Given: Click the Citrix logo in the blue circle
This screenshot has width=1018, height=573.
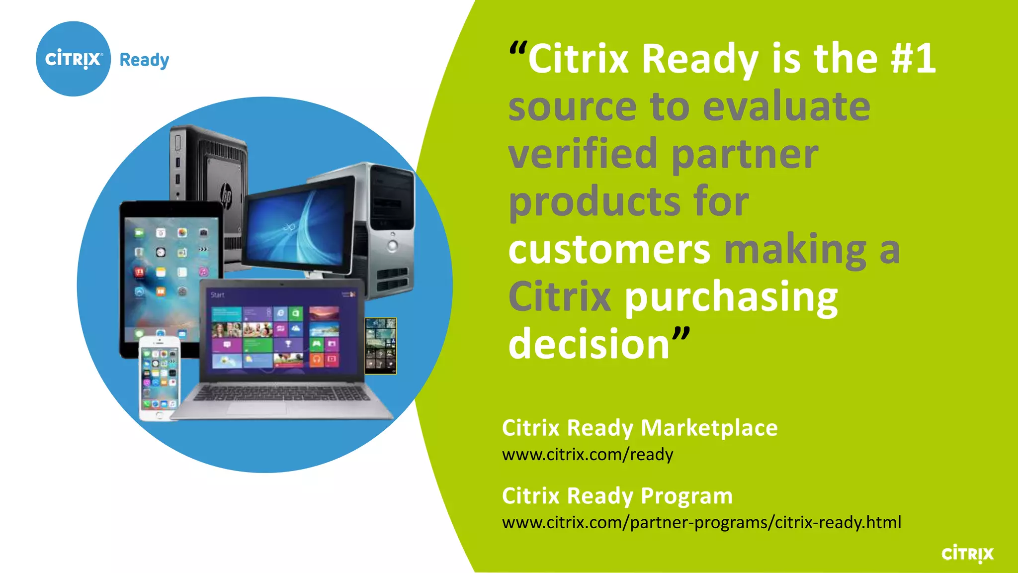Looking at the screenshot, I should point(74,59).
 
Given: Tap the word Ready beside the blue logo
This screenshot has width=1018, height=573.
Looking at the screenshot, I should point(144,60).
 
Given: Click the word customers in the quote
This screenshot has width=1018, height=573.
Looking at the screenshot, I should point(609,249).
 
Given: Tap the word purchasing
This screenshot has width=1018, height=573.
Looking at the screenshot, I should point(731,297).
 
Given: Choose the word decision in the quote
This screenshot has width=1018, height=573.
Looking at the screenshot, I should point(589,344).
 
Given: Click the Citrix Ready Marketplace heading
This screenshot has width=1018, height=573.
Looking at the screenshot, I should point(639,428).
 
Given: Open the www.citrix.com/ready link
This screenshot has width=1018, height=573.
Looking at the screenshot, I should point(588,455).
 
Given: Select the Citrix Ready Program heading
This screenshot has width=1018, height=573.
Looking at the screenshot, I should point(617,496).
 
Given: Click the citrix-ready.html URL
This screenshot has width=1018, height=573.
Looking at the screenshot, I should point(701,523).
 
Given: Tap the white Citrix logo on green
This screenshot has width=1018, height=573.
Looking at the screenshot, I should point(967,554).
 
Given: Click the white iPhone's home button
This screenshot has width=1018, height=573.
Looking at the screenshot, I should point(159,415).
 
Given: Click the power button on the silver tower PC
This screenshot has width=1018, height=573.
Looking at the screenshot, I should point(393,245).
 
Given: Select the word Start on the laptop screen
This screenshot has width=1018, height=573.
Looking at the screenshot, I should point(217,295).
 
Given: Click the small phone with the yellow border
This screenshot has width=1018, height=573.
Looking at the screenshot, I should point(381,346).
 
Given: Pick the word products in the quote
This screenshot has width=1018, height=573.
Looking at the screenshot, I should point(594,202).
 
